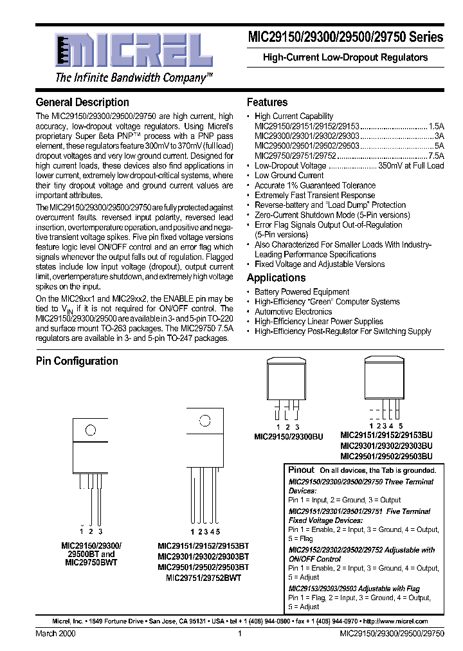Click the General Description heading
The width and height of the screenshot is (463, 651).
(x=82, y=102)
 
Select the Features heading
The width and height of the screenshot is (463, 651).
(x=267, y=102)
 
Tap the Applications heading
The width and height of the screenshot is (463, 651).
(x=276, y=278)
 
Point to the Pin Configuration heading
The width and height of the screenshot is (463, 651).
(x=77, y=361)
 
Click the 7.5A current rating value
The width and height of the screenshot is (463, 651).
(x=436, y=156)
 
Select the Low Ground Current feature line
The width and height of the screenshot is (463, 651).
(x=289, y=176)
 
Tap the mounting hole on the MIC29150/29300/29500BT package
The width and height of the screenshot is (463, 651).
(x=91, y=430)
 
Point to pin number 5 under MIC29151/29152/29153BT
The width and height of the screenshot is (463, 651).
(x=218, y=532)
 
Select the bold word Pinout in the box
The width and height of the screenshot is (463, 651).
(x=302, y=470)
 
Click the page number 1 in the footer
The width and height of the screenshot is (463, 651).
(x=239, y=634)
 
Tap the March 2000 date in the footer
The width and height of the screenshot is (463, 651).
(x=55, y=634)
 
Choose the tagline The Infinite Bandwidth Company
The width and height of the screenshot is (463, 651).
(x=134, y=78)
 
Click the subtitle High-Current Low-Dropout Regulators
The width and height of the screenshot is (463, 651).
(x=345, y=57)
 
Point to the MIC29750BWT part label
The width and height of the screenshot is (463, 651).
(x=91, y=562)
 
